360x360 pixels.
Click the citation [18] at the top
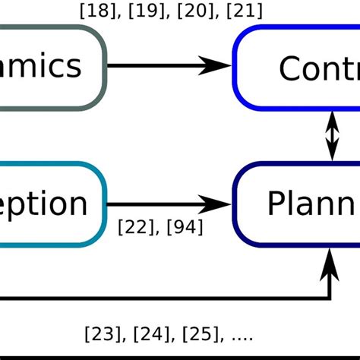coord(95,11)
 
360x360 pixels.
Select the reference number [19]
coord(141,11)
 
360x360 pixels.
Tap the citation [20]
coord(189,11)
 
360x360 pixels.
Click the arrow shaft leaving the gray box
coord(152,66)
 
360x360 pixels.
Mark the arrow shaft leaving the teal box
coord(152,204)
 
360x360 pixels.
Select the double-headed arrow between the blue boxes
coord(332,134)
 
